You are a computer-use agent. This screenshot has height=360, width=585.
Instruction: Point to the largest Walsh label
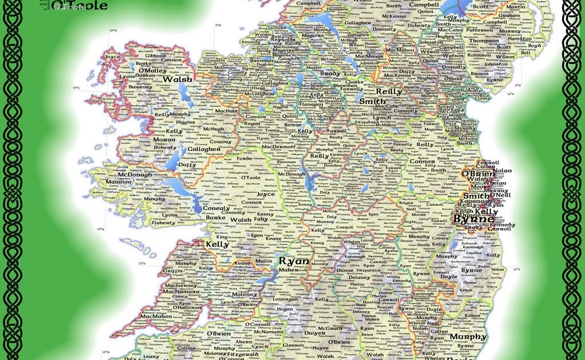[x=177, y=79]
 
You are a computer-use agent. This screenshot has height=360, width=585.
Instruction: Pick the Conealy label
[x=217, y=208]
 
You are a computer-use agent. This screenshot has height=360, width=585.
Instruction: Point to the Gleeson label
[x=294, y=345]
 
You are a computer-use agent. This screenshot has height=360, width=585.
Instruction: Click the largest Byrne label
[x=474, y=219]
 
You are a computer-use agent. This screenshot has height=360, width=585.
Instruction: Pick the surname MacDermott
[x=279, y=146]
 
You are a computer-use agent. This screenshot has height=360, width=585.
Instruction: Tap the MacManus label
[x=352, y=57]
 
